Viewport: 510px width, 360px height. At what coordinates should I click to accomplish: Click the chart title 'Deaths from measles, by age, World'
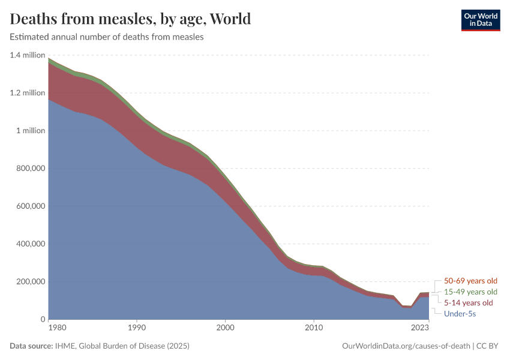pyautogui.click(x=130, y=19)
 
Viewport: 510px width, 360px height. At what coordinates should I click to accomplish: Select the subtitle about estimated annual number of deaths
pyautogui.click(x=107, y=37)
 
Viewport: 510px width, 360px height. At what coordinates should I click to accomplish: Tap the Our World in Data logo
pyautogui.click(x=480, y=20)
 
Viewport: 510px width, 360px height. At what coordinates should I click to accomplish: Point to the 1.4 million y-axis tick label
pyautogui.click(x=28, y=55)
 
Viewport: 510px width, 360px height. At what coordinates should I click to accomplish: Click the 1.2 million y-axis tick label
pyautogui.click(x=28, y=93)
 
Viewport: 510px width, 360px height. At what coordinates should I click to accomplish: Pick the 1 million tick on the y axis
pyautogui.click(x=30, y=131)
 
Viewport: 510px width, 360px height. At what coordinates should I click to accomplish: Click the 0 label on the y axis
pyautogui.click(x=42, y=320)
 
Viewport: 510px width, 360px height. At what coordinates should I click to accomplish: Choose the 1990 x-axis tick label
pyautogui.click(x=137, y=328)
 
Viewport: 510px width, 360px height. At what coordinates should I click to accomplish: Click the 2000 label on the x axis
pyautogui.click(x=225, y=328)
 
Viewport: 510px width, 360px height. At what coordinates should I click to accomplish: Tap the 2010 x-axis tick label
pyautogui.click(x=313, y=328)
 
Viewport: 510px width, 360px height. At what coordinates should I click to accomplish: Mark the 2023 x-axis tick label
pyautogui.click(x=420, y=328)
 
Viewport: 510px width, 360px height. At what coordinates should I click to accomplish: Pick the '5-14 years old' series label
pyautogui.click(x=468, y=302)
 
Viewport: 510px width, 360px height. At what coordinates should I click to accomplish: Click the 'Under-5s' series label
pyautogui.click(x=460, y=313)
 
